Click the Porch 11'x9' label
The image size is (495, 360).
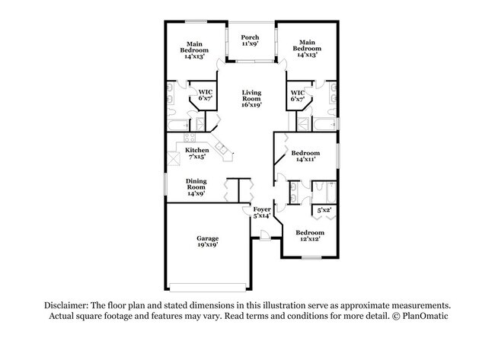tap(250, 41)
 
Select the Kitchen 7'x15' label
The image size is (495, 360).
tap(196, 154)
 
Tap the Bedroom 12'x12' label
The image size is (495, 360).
tap(309, 236)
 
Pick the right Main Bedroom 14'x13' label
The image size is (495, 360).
tap(307, 49)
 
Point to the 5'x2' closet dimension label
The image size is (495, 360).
tap(324, 209)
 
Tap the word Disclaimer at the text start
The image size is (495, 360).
tap(67, 304)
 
